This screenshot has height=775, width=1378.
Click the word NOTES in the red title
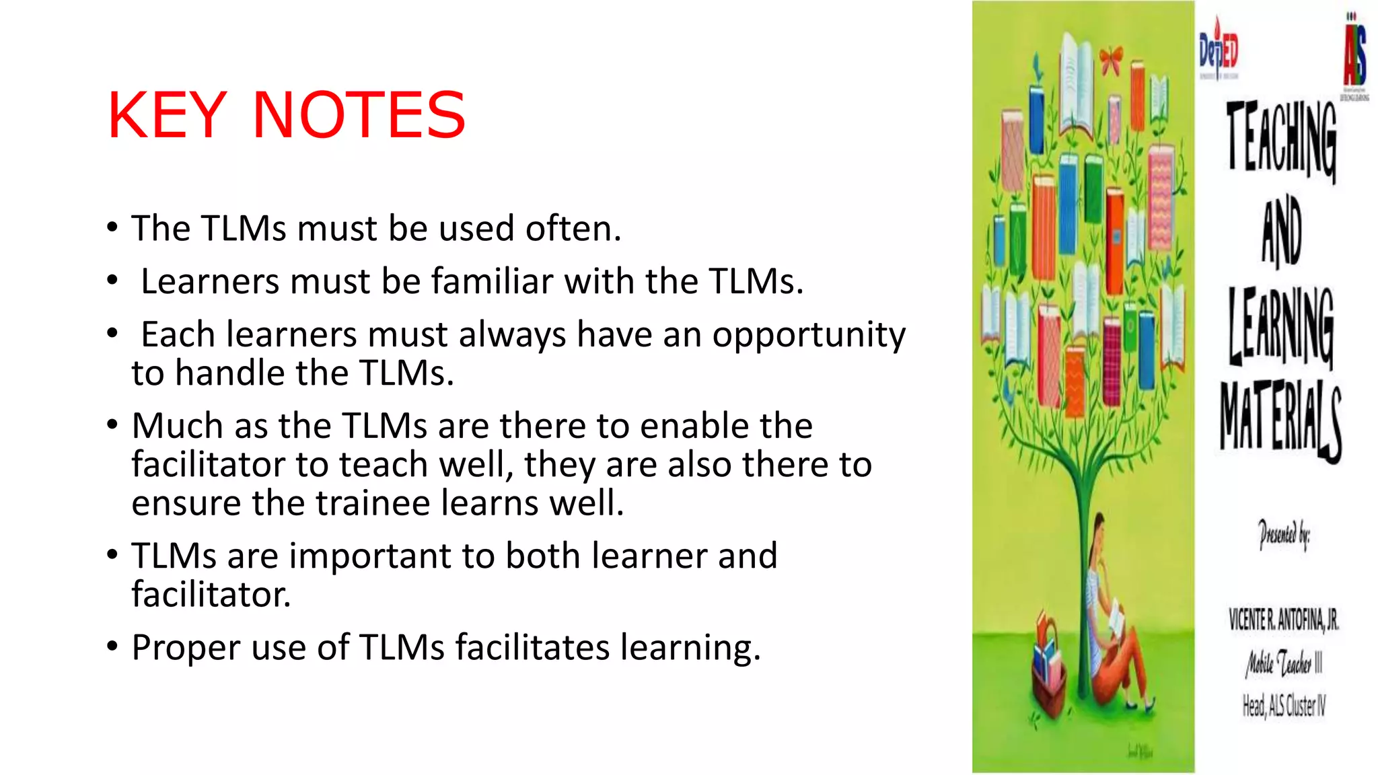[x=359, y=116]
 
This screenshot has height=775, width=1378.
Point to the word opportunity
[x=809, y=335]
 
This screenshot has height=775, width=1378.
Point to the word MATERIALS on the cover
[x=1280, y=420]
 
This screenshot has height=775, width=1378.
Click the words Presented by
[x=1284, y=535]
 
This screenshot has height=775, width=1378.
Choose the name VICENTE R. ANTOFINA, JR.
[x=1283, y=619]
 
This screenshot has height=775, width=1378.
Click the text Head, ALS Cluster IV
[x=1284, y=705]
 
